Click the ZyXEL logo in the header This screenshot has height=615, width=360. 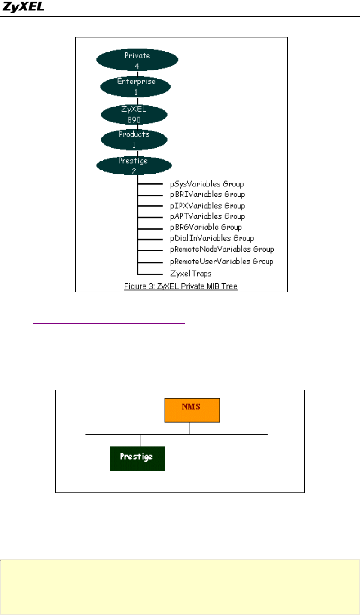click(24, 8)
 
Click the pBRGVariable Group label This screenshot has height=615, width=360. click(206, 227)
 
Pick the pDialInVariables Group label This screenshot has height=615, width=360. click(212, 238)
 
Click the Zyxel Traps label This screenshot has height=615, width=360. click(191, 273)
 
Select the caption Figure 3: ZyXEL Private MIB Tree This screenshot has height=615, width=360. click(181, 286)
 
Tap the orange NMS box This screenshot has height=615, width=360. click(192, 410)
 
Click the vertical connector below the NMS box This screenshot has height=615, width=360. click(189, 428)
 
